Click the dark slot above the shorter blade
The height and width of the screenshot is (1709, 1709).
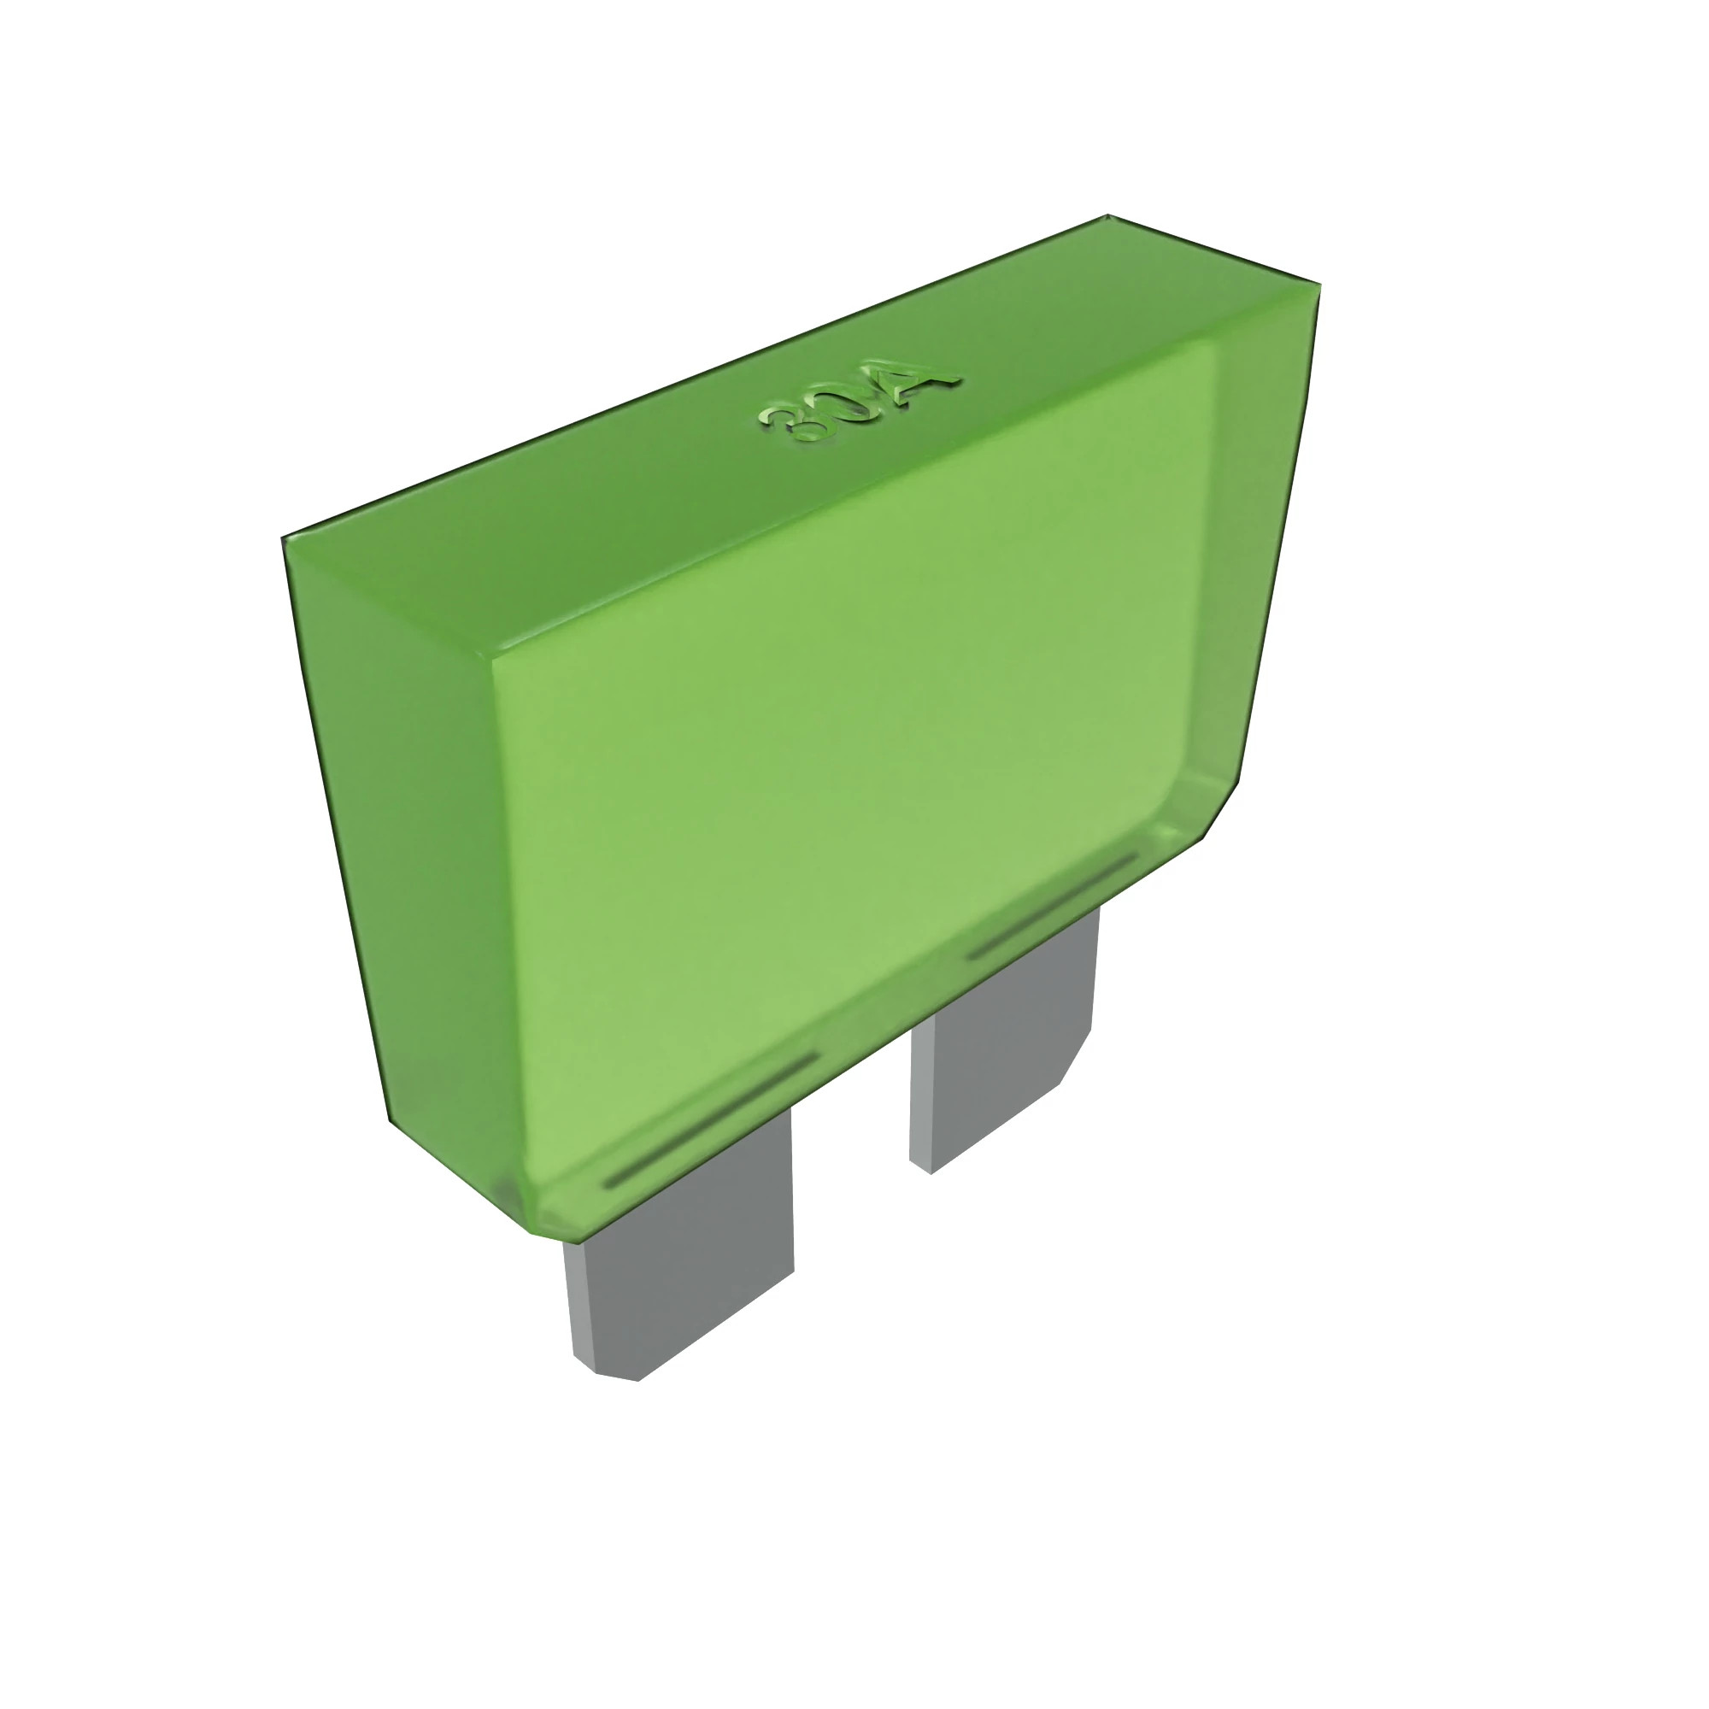(x=1053, y=906)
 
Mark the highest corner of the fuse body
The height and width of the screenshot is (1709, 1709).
(x=1107, y=215)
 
